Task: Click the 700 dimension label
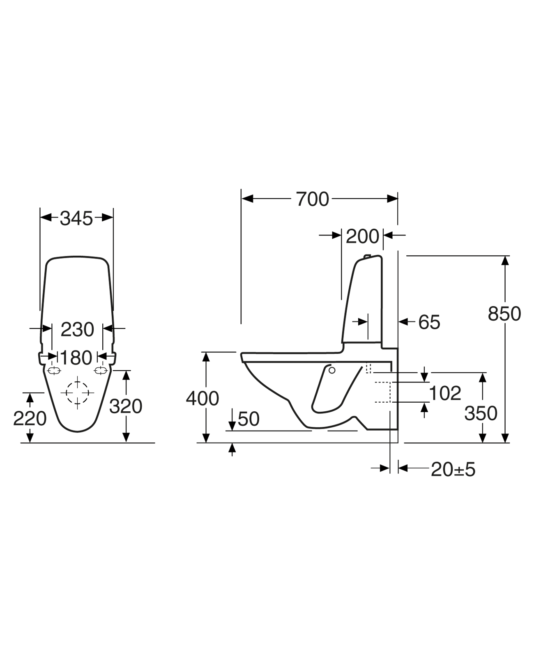coord(312,199)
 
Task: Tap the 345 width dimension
coord(76,218)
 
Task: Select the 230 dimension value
coord(77,329)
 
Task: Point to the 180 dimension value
coord(76,358)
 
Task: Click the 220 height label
coord(30,419)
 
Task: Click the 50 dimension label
coord(249,419)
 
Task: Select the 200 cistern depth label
coord(362,237)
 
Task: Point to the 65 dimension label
coord(429,322)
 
